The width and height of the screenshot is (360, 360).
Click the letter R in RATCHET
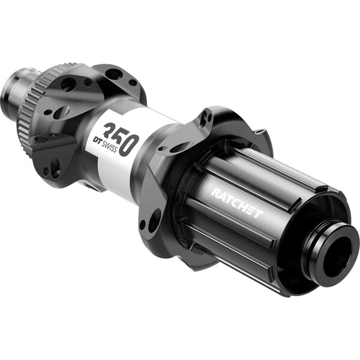(214, 193)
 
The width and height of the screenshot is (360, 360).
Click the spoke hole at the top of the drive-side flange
(206, 118)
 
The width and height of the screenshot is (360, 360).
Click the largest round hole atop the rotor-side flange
(114, 74)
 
